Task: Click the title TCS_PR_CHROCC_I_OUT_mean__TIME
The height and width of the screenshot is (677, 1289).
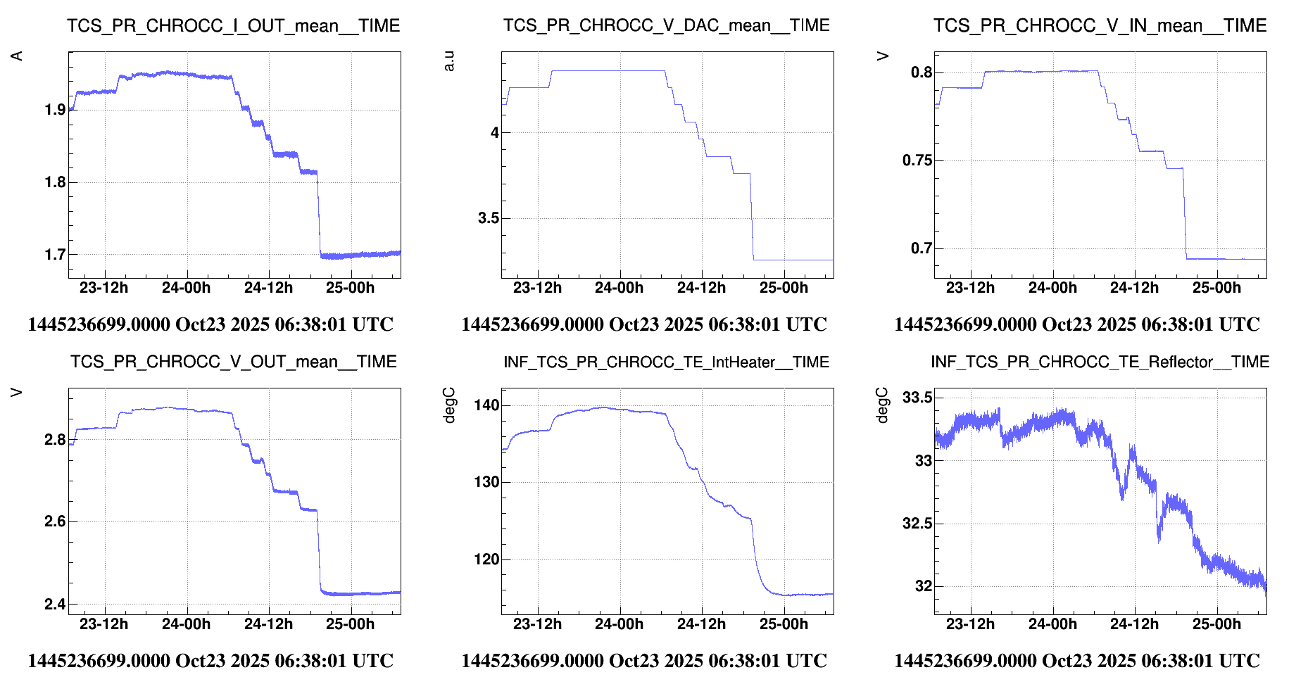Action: coord(233,26)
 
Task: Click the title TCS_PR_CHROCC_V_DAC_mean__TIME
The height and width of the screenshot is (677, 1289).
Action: coord(666,26)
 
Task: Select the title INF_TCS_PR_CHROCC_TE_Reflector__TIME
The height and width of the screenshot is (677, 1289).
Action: coord(1100,362)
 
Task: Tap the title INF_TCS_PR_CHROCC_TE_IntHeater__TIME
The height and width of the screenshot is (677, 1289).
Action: coord(666,362)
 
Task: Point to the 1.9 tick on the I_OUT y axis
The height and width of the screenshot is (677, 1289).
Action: coord(55,110)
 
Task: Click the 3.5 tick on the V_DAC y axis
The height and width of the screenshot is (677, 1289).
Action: coord(488,218)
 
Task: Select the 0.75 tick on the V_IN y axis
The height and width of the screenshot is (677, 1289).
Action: coord(917,160)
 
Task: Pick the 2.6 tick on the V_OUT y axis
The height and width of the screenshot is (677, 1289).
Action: coord(55,521)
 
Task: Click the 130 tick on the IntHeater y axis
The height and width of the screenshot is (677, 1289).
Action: coord(486,482)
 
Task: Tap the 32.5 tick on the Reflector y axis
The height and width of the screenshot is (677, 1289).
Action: coord(917,524)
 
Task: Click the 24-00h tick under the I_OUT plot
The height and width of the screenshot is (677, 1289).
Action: coord(186,288)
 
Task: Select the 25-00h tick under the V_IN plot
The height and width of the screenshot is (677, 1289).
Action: coord(1216,288)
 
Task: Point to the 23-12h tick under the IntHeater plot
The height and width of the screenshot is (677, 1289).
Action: coord(537,624)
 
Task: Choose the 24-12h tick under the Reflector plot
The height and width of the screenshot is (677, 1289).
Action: coord(1134,624)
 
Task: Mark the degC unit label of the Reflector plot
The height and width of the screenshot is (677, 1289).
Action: coord(882,405)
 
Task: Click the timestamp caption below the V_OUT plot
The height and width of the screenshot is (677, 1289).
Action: coord(210,661)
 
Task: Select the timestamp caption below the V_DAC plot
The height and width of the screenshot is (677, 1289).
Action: coord(643,324)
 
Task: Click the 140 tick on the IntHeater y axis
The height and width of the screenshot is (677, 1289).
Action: coord(486,405)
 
